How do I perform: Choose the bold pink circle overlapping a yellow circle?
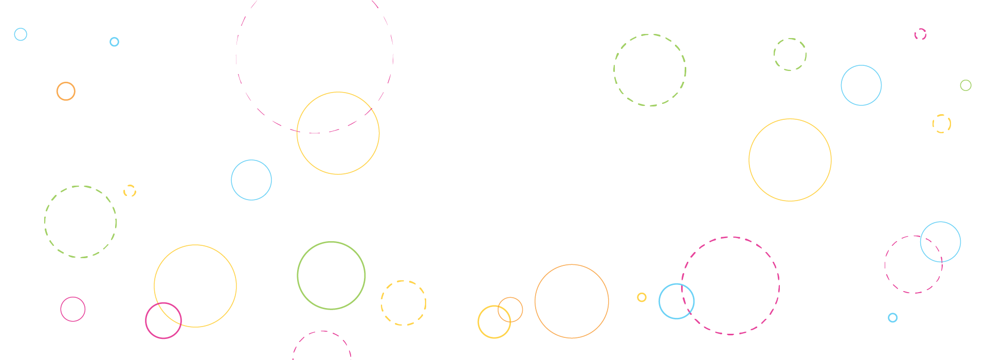[163, 337]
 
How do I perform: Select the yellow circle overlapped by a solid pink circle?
[195, 246]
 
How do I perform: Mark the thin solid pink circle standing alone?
[73, 297]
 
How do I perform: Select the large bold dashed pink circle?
[730, 238]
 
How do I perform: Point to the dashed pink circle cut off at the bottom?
[322, 332]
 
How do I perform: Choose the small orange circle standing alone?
[66, 83]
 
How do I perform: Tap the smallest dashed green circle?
[790, 39]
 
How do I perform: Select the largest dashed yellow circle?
[404, 281]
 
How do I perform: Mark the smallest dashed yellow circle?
[130, 186]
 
